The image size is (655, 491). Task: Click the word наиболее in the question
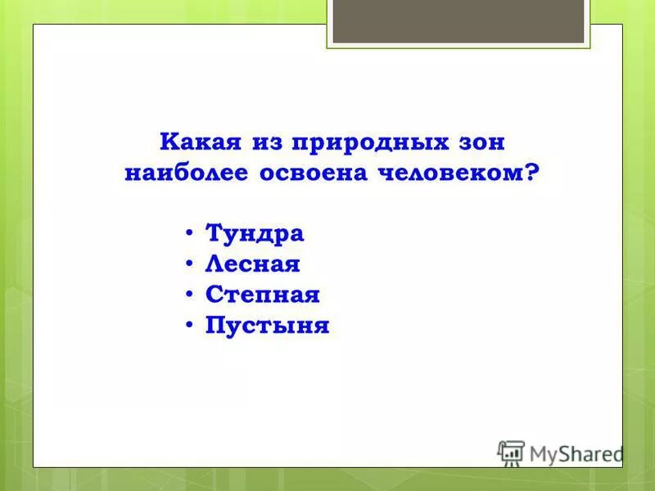186,173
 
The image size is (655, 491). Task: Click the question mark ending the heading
534,173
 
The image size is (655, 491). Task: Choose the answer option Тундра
255,233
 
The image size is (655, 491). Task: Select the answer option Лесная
253,264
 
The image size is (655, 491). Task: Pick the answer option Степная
262,295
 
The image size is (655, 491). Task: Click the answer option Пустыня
267,326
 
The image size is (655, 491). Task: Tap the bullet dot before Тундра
190,233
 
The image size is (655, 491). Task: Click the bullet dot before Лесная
190,264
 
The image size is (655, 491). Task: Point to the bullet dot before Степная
190,295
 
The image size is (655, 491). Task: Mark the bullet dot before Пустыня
190,325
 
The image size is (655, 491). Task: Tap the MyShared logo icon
511,453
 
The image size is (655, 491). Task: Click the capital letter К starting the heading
169,142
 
